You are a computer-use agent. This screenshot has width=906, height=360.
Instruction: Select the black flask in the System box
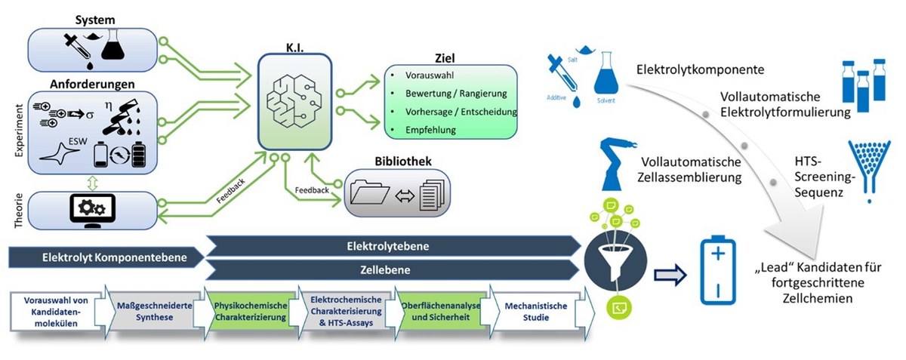pyautogui.click(x=116, y=45)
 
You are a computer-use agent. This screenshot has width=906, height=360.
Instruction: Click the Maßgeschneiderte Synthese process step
pyautogui.click(x=151, y=311)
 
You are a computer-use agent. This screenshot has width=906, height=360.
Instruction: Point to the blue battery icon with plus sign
pyautogui.click(x=718, y=270)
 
